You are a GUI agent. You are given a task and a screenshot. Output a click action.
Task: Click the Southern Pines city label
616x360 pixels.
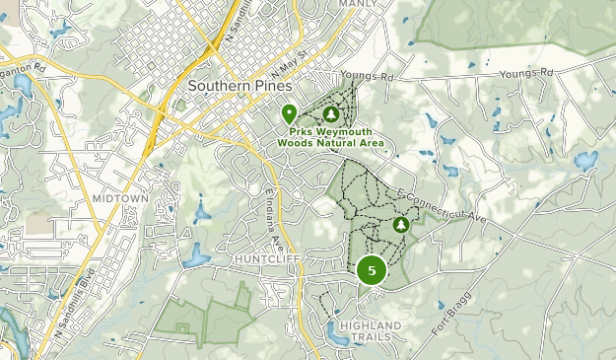[240, 86]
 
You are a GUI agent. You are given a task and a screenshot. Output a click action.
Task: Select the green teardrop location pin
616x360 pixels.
[289, 113]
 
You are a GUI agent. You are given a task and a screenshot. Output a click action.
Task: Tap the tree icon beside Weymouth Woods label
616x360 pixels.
[331, 114]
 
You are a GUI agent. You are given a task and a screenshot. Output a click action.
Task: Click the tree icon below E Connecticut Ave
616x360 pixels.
[401, 226]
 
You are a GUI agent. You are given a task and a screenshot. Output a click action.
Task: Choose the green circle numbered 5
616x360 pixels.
[372, 269]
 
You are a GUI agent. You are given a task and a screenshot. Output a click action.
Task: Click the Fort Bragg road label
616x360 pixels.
[449, 317]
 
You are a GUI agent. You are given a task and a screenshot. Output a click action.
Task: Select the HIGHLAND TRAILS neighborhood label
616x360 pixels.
[370, 330]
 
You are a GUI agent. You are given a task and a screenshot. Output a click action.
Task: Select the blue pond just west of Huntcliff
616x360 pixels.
[196, 255]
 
